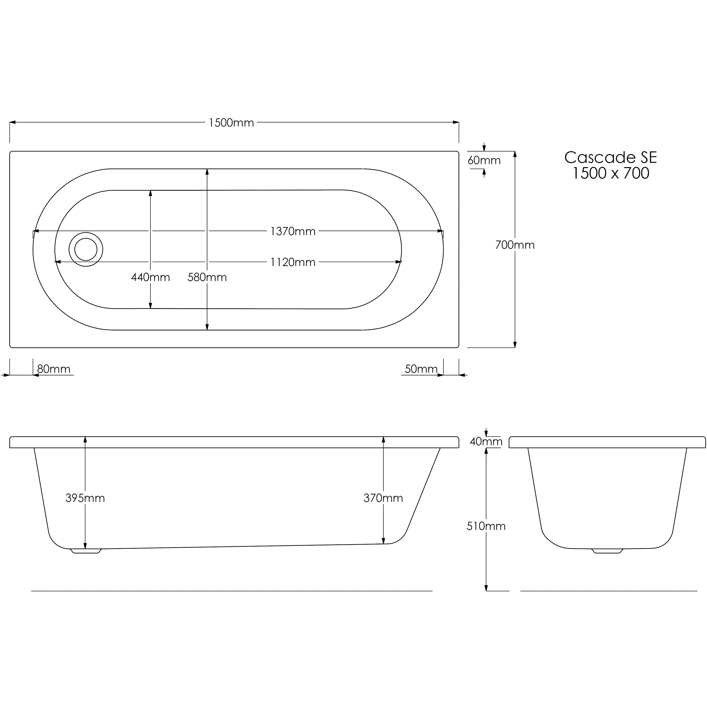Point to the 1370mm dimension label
293,231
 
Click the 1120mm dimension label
293,262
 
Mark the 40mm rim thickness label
486,442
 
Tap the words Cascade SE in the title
610,157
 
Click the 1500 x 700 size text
610,174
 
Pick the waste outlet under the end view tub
607,551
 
